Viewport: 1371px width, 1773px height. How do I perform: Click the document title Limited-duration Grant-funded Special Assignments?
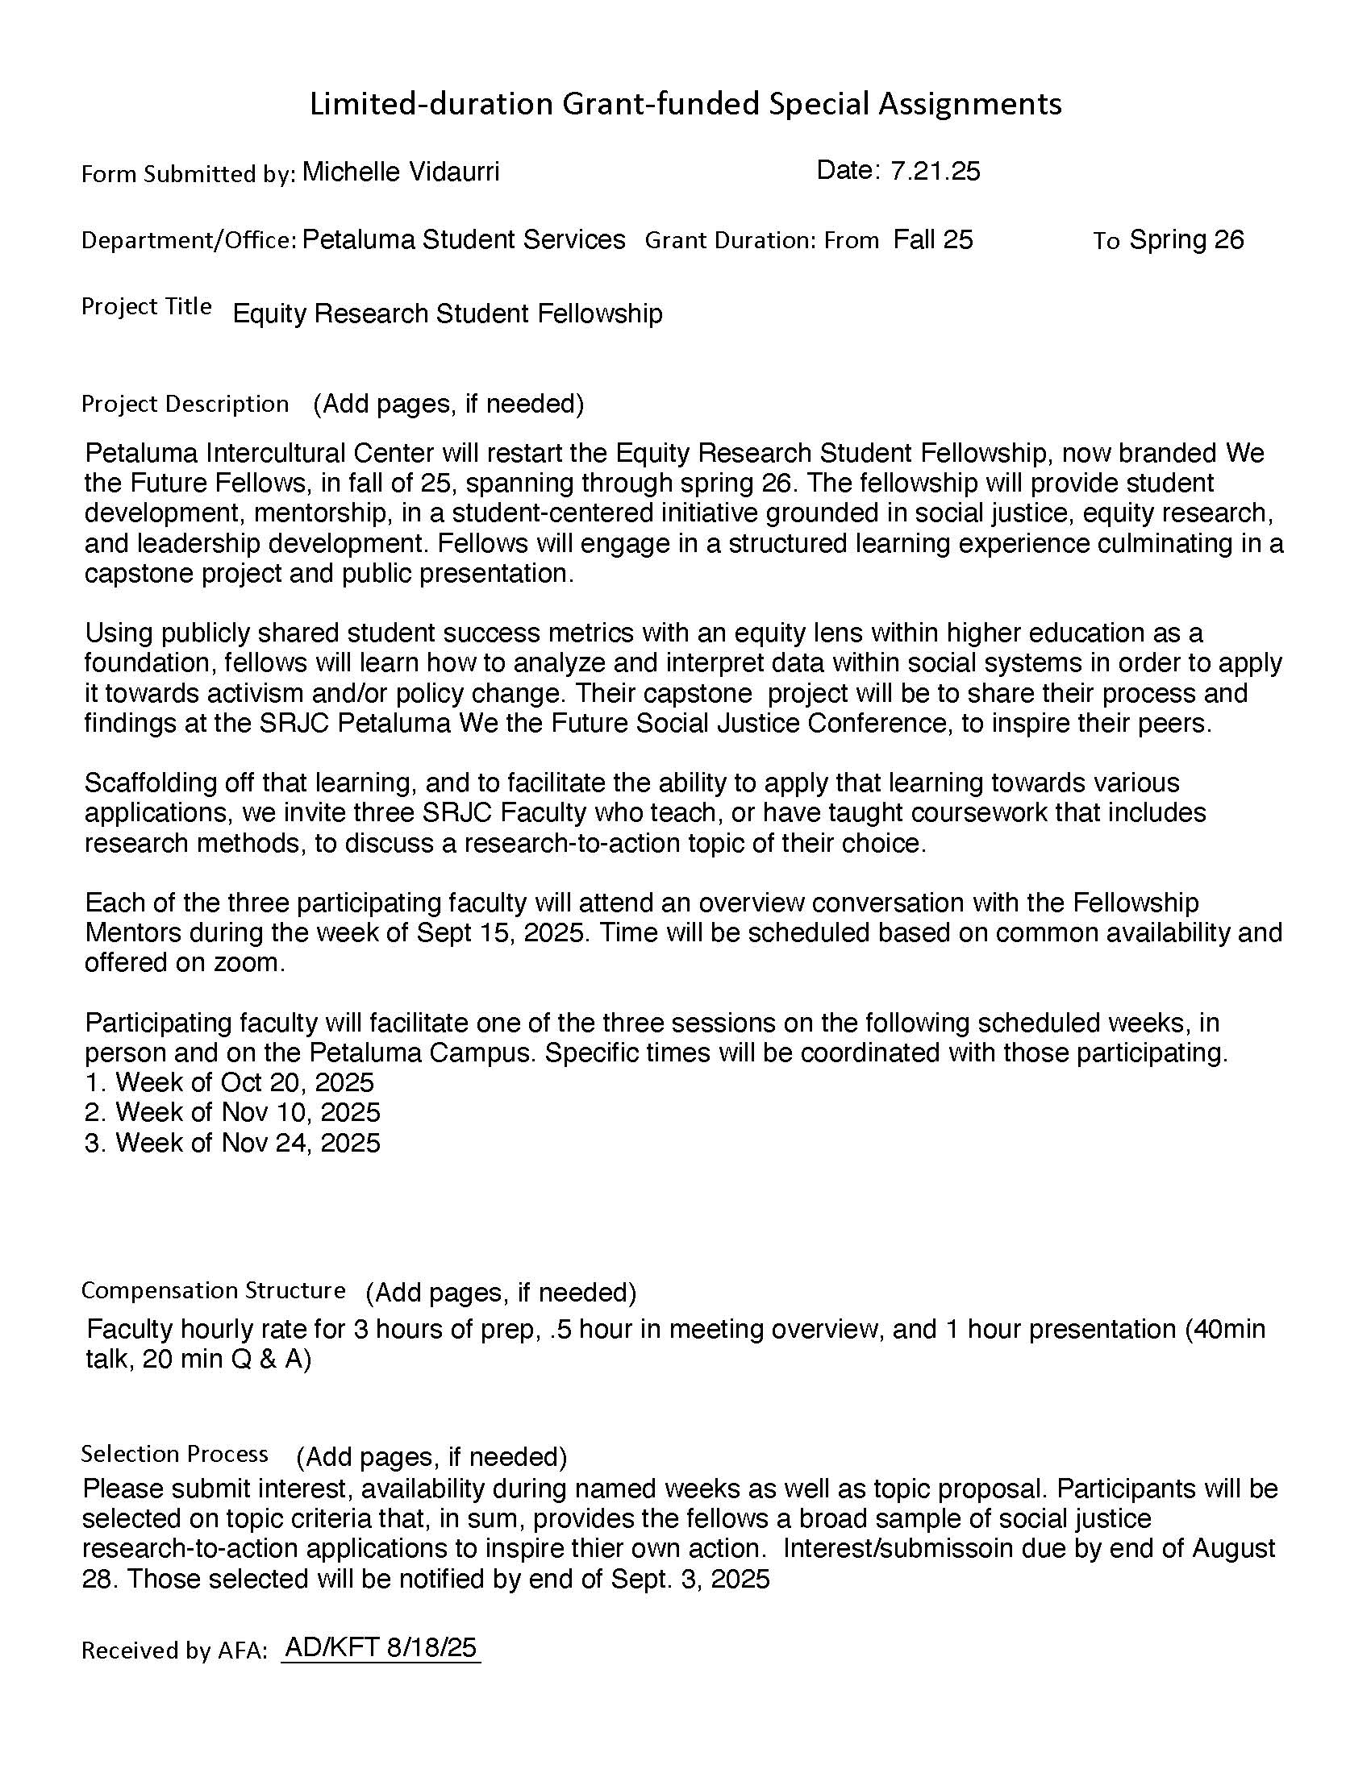[685, 104]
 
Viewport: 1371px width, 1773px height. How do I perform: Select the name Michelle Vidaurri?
[401, 172]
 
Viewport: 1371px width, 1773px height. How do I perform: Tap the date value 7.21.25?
[935, 171]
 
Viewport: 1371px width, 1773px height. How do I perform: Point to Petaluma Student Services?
[464, 239]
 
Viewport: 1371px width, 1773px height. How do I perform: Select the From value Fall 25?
[932, 239]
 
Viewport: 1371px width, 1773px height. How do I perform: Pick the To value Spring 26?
[1186, 239]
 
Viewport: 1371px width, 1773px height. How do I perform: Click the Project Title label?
[146, 306]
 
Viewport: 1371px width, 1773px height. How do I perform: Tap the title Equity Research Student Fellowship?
[448, 313]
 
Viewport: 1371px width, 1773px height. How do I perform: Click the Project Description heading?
[185, 404]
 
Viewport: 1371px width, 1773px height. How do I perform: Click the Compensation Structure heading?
[213, 1290]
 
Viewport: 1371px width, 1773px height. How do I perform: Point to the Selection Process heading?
[174, 1453]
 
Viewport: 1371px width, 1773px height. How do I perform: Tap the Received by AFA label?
[174, 1651]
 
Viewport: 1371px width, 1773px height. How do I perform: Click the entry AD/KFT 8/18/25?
[381, 1647]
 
